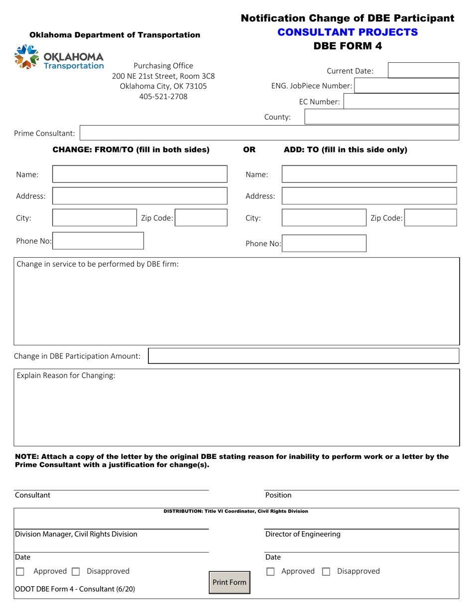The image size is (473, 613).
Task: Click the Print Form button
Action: [230, 582]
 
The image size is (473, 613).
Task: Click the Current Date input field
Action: [423, 71]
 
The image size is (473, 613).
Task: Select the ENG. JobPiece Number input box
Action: [406, 86]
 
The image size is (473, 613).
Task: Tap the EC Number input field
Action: [401, 102]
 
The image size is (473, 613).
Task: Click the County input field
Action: [381, 117]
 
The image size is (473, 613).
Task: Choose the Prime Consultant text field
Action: [269, 133]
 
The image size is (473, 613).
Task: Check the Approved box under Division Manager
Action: [20, 572]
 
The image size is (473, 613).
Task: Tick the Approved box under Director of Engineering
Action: [271, 572]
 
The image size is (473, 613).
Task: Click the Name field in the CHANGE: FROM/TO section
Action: [139, 174]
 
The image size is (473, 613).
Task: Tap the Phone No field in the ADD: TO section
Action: [324, 244]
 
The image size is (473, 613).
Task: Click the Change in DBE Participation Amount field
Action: [303, 356]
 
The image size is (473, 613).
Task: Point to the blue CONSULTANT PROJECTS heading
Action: [347, 32]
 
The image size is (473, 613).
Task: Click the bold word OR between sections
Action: [249, 150]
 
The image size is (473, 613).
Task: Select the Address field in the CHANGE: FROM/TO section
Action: [139, 196]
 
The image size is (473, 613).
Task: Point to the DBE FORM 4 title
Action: [347, 46]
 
